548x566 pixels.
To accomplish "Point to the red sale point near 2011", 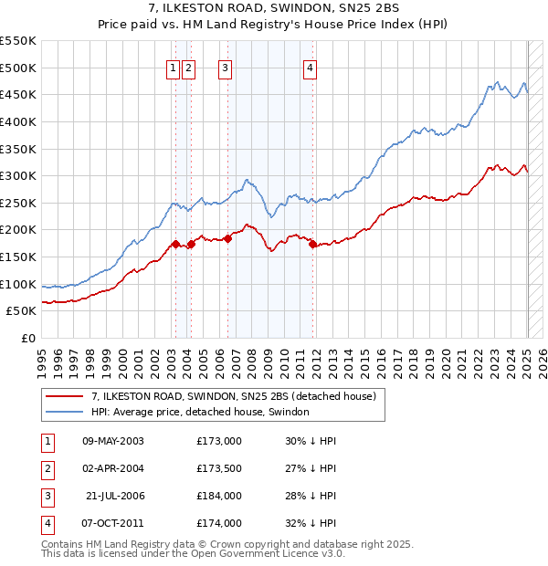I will [x=313, y=244].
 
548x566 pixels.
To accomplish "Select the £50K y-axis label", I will [x=22, y=311].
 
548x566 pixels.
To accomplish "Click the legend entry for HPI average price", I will [x=200, y=413].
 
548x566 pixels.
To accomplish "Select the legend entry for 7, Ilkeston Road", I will [x=239, y=396].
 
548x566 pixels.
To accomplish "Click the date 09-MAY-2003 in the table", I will [x=113, y=441].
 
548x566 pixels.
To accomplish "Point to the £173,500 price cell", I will [x=219, y=468].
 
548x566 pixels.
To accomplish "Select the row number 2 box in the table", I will [x=46, y=468].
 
